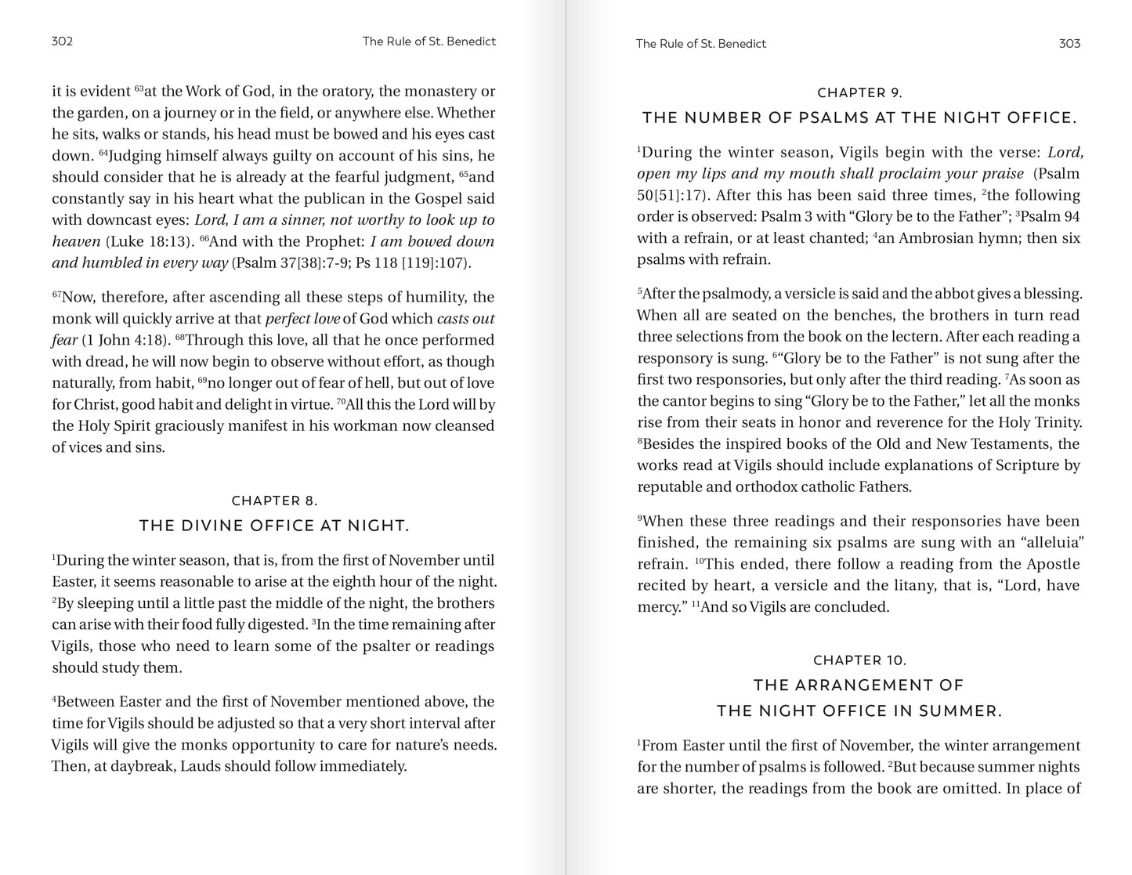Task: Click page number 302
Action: point(62,42)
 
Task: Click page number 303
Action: point(1069,44)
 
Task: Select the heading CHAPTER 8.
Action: point(274,501)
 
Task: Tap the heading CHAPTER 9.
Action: point(859,93)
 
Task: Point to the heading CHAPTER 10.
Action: point(859,660)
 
